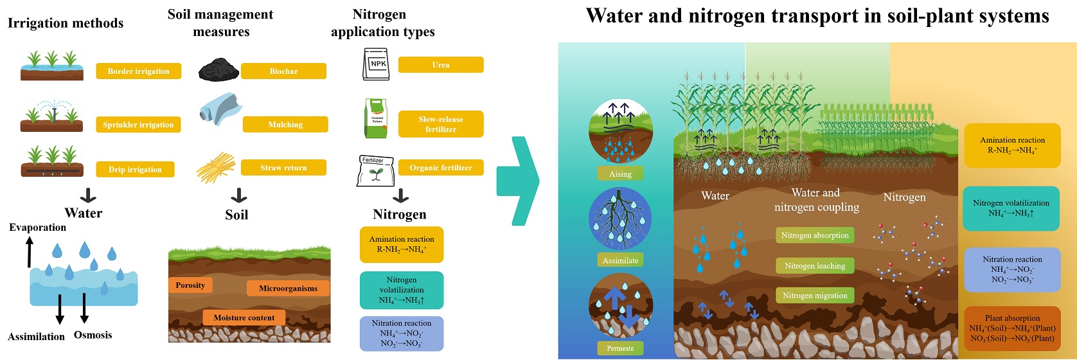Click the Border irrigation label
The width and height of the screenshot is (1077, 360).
coord(138,71)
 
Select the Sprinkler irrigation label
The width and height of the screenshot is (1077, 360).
coord(138,124)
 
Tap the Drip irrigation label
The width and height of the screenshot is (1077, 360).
coord(135,169)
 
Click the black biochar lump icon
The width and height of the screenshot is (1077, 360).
coord(218,69)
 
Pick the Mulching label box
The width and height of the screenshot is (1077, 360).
coord(285,124)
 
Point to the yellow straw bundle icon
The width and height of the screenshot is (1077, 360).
coord(216,168)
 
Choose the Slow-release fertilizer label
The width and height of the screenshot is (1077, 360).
coord(440,124)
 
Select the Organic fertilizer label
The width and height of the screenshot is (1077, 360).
coord(440,168)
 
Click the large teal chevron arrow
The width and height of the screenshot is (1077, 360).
coord(519,179)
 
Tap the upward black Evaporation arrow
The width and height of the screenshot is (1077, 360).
coord(28,251)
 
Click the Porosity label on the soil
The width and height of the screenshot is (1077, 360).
coord(190,285)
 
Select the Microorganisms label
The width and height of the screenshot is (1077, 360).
coord(288,288)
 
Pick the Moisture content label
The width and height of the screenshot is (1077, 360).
coord(244,318)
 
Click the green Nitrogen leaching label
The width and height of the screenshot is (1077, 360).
coord(815,265)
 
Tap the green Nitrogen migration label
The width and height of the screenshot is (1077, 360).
coord(815,295)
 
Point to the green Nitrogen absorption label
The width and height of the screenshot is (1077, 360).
coord(815,235)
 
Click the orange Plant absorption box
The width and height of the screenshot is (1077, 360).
coord(1012,328)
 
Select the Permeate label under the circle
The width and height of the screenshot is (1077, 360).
coord(620,348)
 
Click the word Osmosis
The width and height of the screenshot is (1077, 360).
coord(93,335)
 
